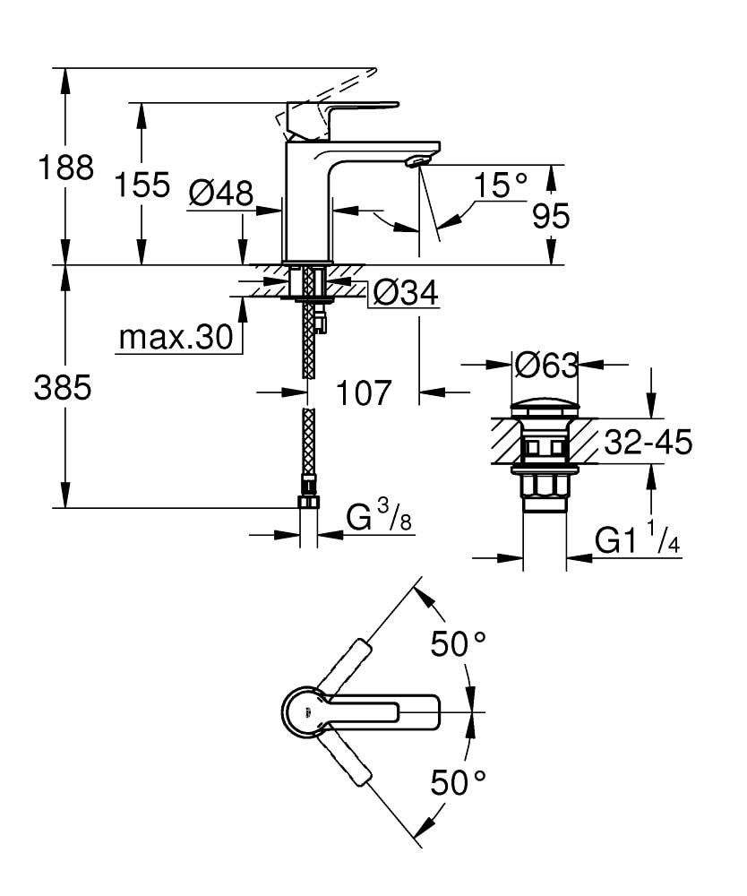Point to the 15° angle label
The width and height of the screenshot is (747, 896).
click(501, 186)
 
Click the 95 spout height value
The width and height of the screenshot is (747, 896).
click(549, 216)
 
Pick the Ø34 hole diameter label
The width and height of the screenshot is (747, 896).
click(405, 292)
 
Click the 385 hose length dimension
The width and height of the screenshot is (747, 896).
click(63, 388)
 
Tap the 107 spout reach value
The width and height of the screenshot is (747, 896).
click(364, 392)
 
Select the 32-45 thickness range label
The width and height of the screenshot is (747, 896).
click(648, 442)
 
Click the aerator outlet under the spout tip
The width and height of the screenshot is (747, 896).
click(415, 162)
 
